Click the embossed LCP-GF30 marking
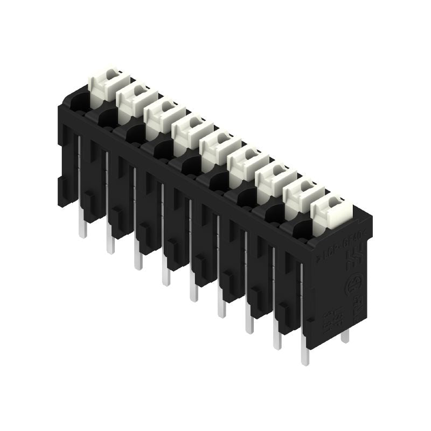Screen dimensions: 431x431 pyautogui.click(x=337, y=245)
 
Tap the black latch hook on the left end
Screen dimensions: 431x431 pyautogui.click(x=64, y=188)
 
